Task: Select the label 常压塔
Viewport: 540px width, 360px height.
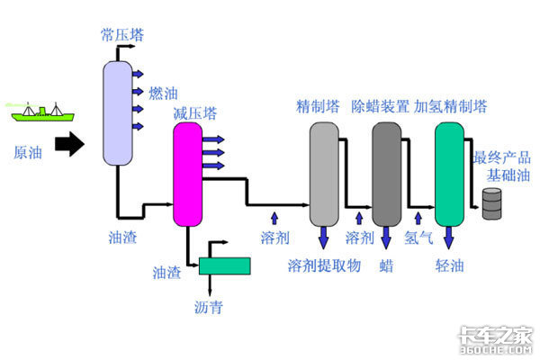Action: click(x=121, y=35)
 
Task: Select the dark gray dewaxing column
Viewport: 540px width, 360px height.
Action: click(x=386, y=174)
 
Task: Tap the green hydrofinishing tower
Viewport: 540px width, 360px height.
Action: click(x=448, y=174)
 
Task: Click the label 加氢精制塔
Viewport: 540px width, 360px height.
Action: click(x=450, y=106)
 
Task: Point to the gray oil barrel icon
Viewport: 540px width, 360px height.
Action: click(x=492, y=203)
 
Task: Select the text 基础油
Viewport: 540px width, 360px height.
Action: click(x=503, y=173)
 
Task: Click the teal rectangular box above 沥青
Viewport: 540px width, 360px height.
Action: click(x=225, y=265)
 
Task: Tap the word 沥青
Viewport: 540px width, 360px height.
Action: click(x=208, y=308)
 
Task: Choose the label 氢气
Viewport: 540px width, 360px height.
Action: click(x=419, y=238)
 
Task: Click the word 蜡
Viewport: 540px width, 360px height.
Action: click(x=386, y=265)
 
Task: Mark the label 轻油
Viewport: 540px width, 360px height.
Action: click(x=449, y=265)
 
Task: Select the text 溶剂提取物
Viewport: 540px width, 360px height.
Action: click(x=323, y=265)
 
